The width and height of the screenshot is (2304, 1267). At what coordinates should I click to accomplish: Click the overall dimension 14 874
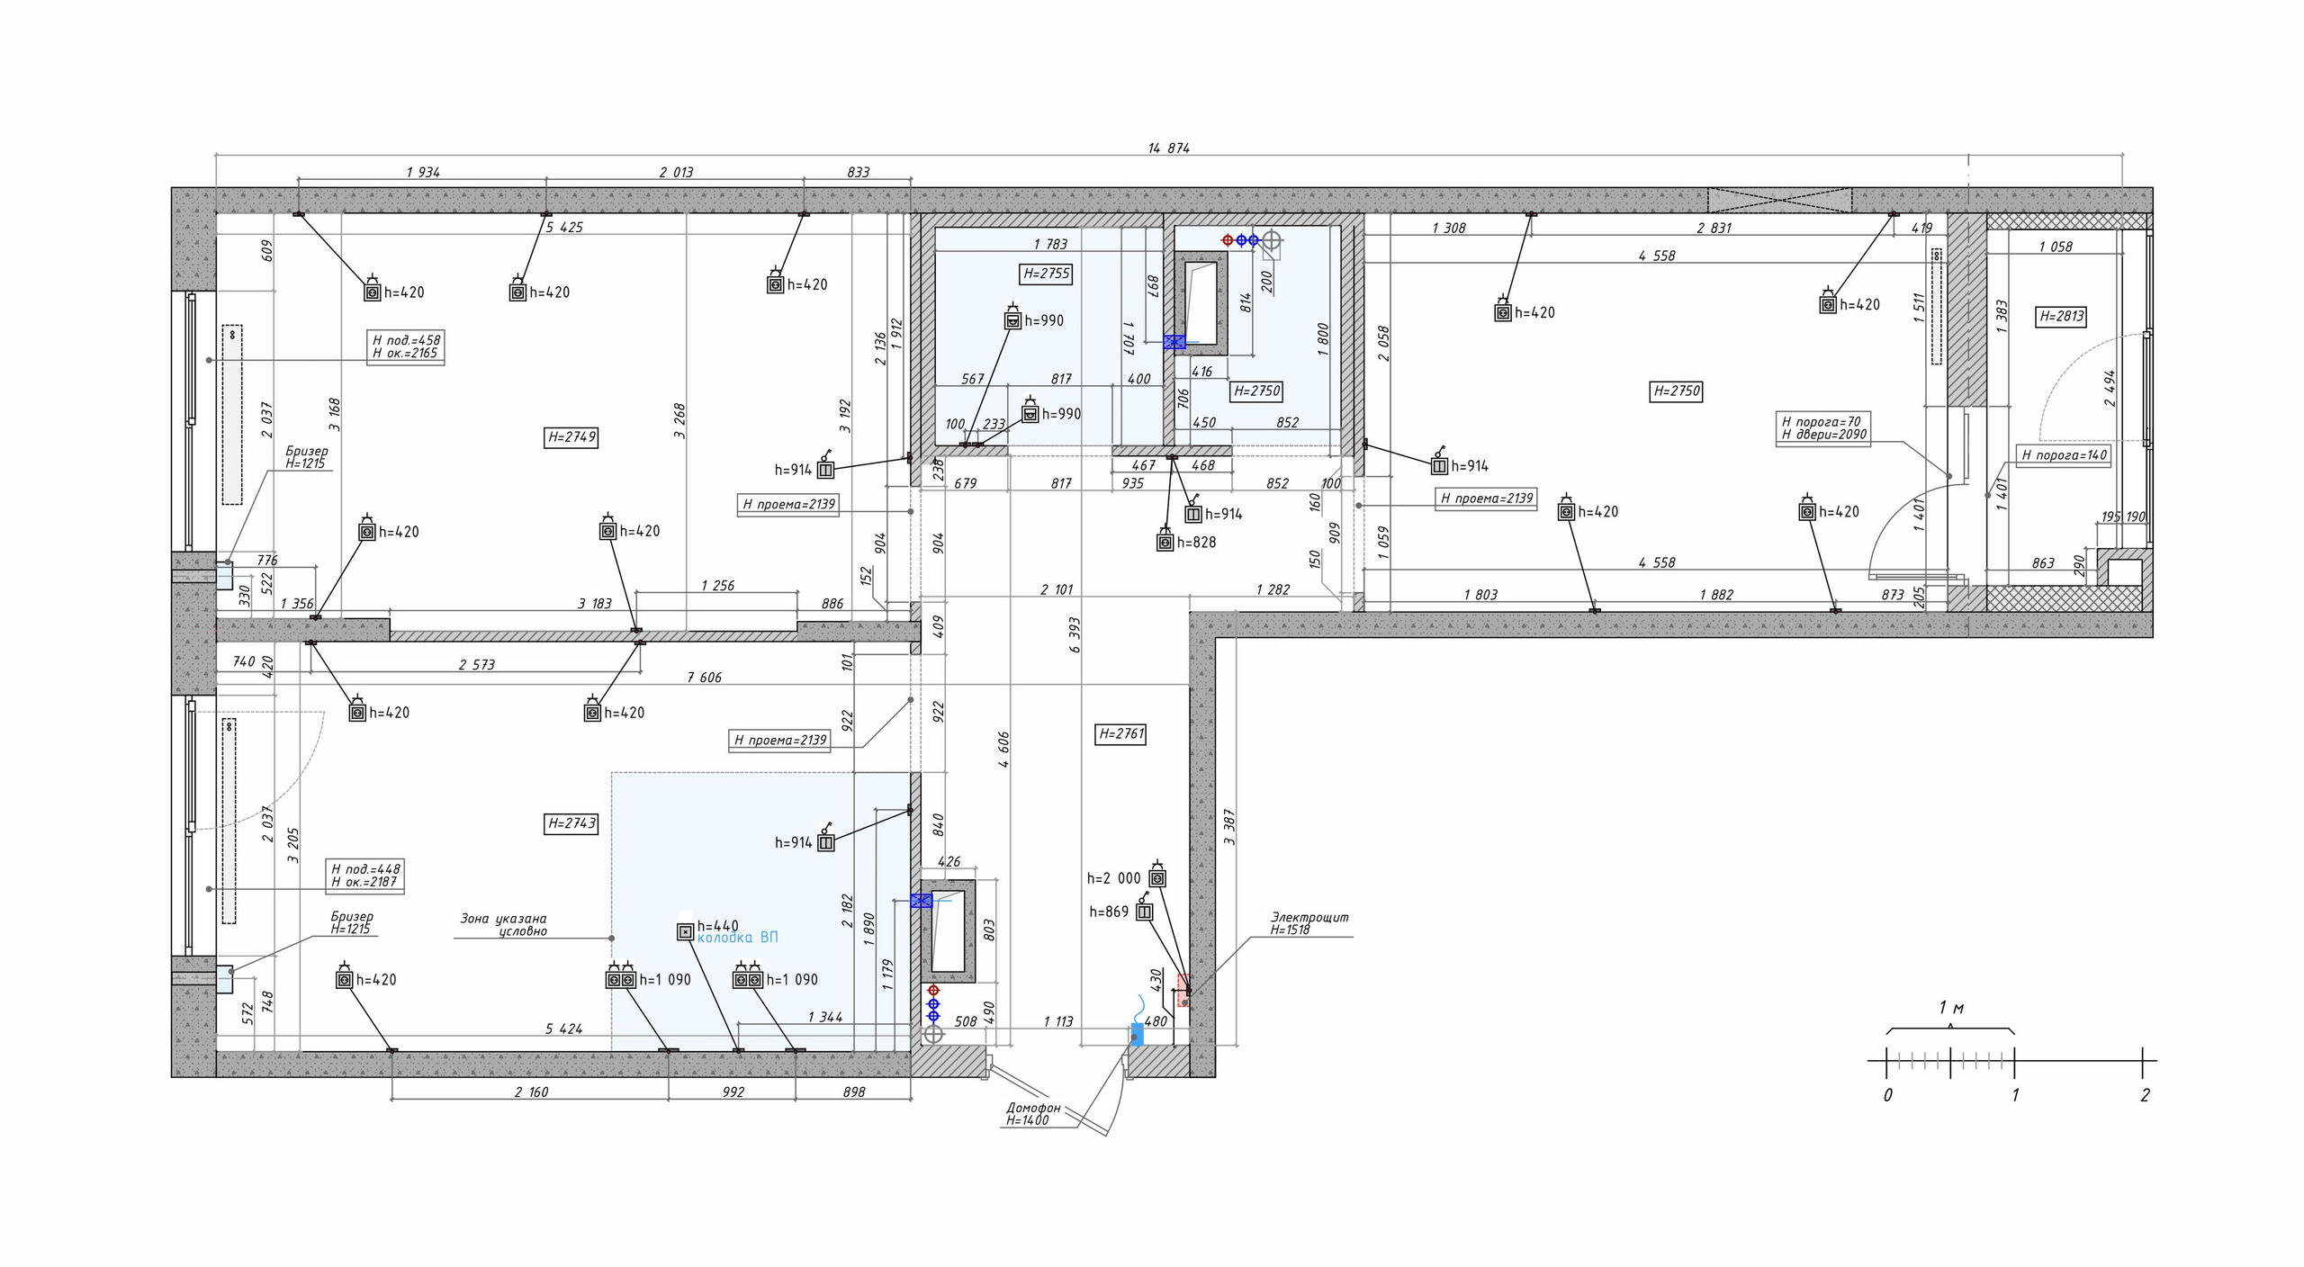coord(1168,148)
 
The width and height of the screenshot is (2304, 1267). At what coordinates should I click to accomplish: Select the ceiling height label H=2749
coord(571,437)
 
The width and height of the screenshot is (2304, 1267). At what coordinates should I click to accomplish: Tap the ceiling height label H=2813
coord(2060,316)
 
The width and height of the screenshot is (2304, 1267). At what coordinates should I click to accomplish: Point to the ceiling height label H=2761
coord(1120,733)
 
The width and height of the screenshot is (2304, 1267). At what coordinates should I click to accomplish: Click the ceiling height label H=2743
coord(571,823)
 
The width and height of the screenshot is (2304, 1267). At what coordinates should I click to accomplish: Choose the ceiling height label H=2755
coord(1047,274)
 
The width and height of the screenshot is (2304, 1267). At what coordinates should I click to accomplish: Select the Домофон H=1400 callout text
coord(1033,1114)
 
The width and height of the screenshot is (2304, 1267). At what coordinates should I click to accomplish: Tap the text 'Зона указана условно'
coord(504,925)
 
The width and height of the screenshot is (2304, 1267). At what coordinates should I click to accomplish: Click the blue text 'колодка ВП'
coord(738,938)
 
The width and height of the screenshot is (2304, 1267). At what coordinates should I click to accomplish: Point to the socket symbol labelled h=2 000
coord(1157,876)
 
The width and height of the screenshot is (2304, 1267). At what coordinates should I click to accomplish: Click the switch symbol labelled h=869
coord(1145,911)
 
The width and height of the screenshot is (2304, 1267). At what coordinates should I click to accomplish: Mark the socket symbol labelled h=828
coord(1165,542)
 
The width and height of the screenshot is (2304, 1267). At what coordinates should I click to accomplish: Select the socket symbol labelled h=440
coord(685,932)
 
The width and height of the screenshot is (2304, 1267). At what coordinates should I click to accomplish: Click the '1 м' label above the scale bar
coord(1951,1008)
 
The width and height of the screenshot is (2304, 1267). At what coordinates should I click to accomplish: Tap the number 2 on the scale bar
coord(2146,1095)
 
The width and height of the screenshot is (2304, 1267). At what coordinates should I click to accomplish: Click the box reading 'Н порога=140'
coord(2065,455)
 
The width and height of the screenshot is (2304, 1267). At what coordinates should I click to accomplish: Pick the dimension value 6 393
coord(1075,635)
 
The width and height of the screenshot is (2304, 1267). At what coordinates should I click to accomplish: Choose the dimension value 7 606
coord(705,678)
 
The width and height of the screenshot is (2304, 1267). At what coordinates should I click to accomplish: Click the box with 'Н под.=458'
coord(407,347)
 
